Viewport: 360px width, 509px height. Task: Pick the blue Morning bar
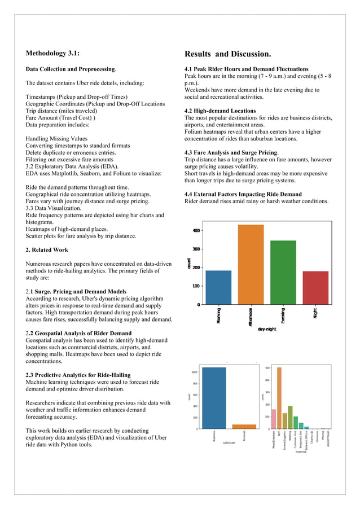pyautogui.click(x=218, y=287)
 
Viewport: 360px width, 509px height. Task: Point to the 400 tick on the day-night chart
pyautogui.click(x=196, y=230)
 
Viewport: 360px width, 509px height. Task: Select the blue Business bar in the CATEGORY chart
pyautogui.click(x=214, y=398)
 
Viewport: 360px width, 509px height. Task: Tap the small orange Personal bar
pyautogui.click(x=244, y=427)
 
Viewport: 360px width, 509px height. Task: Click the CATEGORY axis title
pyautogui.click(x=229, y=443)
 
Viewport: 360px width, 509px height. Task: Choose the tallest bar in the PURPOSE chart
pyautogui.click(x=279, y=398)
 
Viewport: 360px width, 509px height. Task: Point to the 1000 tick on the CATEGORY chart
pyautogui.click(x=194, y=372)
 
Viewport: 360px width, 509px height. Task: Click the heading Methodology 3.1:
pyautogui.click(x=52, y=54)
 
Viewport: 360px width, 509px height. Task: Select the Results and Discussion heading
pyautogui.click(x=227, y=54)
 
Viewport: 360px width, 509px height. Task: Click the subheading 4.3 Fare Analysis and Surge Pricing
pyautogui.click(x=231, y=152)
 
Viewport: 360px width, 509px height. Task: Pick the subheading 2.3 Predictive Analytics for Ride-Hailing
pyautogui.click(x=78, y=375)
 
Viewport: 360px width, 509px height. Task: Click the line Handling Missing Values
pyautogui.click(x=56, y=138)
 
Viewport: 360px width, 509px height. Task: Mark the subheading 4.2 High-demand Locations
pyautogui.click(x=220, y=111)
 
